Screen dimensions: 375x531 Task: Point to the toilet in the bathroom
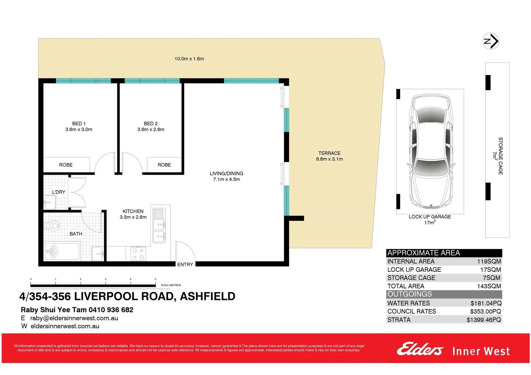coord(52,226)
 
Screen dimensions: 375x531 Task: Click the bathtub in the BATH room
coord(62,251)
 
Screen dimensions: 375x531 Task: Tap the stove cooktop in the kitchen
coord(138,253)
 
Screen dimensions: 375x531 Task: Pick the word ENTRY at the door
coord(185,265)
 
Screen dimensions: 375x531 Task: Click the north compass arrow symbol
coord(491,41)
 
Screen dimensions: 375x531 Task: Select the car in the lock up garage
coord(431,151)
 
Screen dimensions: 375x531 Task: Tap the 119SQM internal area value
coord(489,261)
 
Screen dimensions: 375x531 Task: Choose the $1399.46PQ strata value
coord(483,320)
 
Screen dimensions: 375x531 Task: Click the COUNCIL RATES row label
coord(412,311)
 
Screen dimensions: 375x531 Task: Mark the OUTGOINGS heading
coord(410,294)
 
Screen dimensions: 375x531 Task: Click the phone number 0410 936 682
coord(111,310)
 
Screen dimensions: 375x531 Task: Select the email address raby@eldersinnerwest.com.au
coord(74,318)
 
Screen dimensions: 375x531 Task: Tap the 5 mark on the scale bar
coord(156,279)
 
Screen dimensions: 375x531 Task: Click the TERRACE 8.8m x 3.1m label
coord(329,156)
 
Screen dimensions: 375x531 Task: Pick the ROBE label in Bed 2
coord(164,165)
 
